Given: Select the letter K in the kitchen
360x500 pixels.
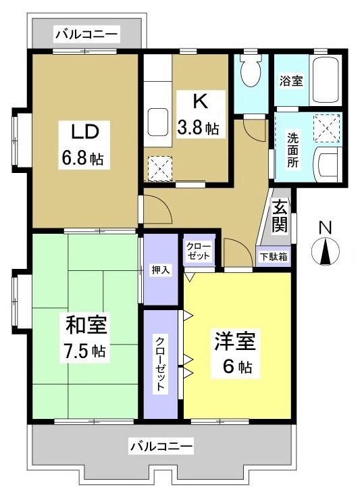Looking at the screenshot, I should [x=199, y=101].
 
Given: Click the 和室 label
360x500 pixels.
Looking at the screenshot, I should [x=85, y=326].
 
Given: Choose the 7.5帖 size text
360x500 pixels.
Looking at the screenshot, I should [x=85, y=351].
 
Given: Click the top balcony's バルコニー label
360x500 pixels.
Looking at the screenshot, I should [x=86, y=32].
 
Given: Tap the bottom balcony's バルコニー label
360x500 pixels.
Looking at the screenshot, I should [x=161, y=447].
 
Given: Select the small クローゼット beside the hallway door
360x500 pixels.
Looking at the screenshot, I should [x=199, y=253].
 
